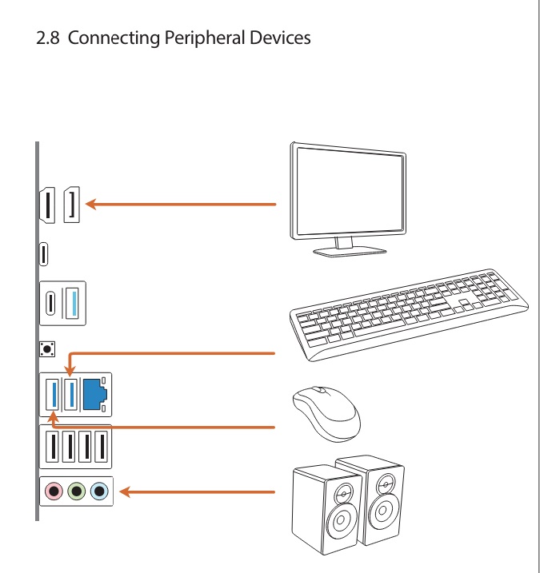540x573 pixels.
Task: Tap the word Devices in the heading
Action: tap(279, 37)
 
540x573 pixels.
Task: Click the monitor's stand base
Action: tap(349, 252)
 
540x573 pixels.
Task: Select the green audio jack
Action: tap(76, 491)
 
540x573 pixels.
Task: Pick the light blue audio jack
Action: tap(98, 491)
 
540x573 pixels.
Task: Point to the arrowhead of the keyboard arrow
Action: tap(70, 370)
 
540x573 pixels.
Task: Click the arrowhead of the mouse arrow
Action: tap(53, 415)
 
